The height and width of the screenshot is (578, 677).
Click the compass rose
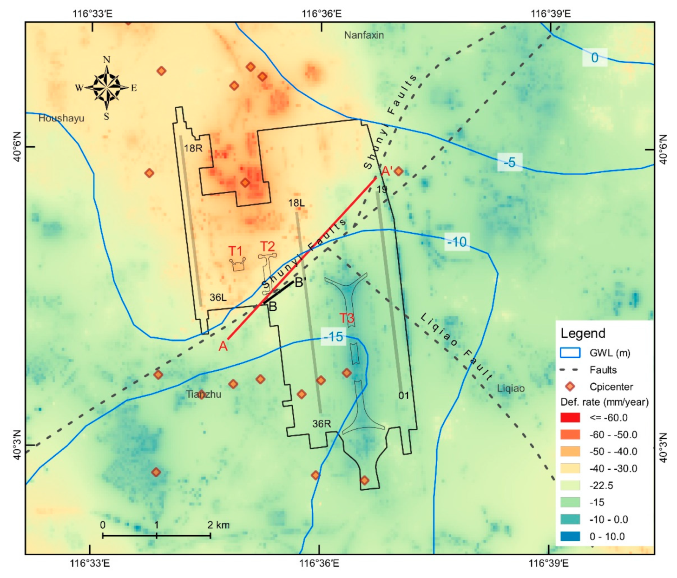coord(107,87)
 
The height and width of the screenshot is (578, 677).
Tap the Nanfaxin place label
coord(364,35)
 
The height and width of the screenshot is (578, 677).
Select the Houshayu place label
coord(61,118)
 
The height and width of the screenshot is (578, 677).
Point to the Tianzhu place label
coord(204,394)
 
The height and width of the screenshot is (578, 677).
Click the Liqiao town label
coord(511,388)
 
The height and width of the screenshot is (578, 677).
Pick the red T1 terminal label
coord(236,251)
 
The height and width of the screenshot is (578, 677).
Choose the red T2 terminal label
coord(267,246)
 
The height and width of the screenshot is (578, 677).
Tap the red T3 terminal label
coord(347,318)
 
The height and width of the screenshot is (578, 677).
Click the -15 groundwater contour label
coord(333,336)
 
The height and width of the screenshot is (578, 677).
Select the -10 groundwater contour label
coord(457,242)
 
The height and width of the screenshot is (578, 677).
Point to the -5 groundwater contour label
coord(510,162)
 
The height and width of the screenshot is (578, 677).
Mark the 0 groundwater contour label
coord(594,58)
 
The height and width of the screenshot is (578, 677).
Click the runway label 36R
coord(322,424)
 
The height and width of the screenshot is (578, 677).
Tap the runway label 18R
coord(193,148)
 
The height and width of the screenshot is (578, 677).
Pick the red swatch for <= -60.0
coord(570,418)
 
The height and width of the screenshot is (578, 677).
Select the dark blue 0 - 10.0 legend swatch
coord(570,536)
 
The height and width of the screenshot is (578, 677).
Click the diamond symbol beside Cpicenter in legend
coord(570,387)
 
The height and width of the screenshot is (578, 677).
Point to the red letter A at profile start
coord(223,346)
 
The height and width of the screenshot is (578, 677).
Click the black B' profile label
coord(300,282)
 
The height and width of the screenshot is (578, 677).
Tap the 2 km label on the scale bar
coord(218,525)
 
